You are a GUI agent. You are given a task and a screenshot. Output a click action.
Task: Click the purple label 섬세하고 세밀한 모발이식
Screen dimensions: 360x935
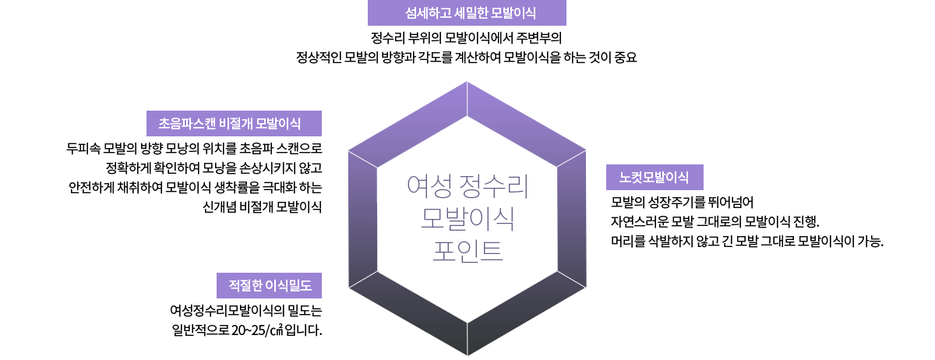[x=467, y=13]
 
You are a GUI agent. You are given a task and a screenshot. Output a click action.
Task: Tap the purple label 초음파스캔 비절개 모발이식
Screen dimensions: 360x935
[x=234, y=124]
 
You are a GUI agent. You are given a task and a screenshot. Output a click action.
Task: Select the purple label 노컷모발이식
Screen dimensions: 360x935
[x=654, y=178]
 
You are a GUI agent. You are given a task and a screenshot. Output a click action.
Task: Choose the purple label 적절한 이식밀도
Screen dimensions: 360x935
[x=269, y=286]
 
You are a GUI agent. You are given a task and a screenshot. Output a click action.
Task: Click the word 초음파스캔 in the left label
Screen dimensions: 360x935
[x=188, y=124]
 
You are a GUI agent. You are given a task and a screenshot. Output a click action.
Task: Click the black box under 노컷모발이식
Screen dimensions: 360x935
[x=740, y=221]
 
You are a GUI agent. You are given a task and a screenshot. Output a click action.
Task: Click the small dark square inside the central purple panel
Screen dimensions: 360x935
[x=467, y=218]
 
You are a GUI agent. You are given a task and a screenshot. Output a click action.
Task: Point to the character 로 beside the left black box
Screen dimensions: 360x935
[x=317, y=147]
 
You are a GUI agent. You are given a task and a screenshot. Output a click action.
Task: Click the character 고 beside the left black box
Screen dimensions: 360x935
[x=317, y=168]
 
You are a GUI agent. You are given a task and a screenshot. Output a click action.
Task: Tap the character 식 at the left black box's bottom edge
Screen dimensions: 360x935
[x=316, y=208]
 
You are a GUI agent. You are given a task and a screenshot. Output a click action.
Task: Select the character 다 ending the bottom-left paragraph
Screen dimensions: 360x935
[x=316, y=330]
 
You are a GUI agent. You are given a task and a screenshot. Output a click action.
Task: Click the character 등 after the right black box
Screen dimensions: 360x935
[x=877, y=242]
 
